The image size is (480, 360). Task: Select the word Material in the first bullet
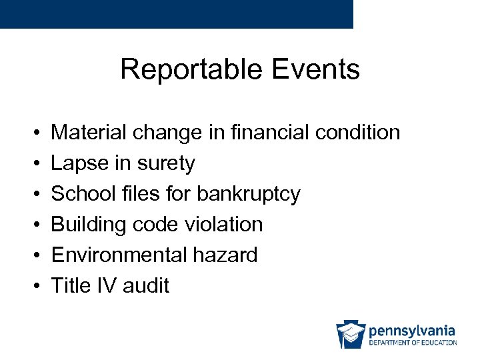pos(90,133)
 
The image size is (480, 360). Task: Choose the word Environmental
pos(117,255)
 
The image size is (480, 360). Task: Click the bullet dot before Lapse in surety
pos(34,164)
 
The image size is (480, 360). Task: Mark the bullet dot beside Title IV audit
pos(34,287)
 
